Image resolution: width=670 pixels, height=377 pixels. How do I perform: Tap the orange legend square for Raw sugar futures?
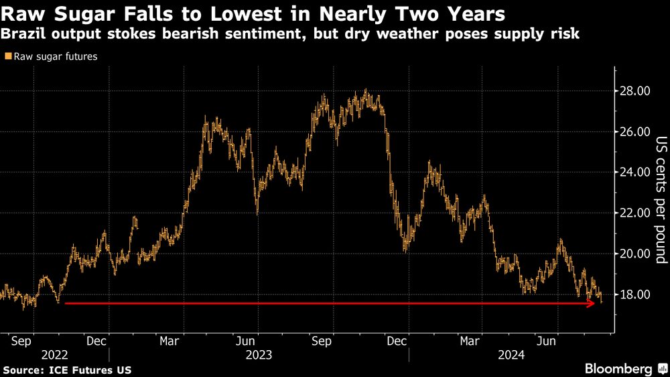(x=7, y=57)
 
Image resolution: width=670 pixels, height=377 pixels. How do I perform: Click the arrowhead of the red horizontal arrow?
(x=591, y=304)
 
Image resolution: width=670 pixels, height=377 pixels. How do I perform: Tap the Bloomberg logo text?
(x=618, y=369)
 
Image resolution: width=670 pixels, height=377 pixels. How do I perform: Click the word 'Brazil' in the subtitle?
(x=22, y=34)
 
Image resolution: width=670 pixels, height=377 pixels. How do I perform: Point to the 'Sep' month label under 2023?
(x=323, y=341)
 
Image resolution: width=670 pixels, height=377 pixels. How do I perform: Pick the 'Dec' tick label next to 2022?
(x=98, y=341)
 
